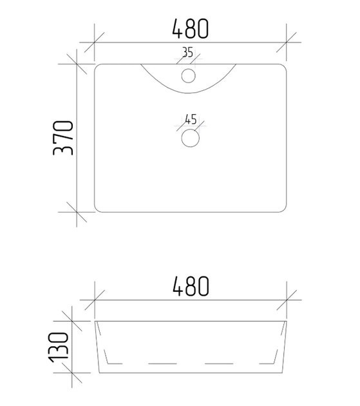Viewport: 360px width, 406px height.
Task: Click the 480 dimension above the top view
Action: click(190, 28)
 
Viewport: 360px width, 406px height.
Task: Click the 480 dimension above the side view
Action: click(191, 286)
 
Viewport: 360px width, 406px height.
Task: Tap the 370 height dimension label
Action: click(63, 138)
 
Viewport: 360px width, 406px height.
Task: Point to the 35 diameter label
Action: click(187, 52)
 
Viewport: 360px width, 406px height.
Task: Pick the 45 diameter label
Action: click(191, 119)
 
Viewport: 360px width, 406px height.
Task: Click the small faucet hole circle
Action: click(189, 76)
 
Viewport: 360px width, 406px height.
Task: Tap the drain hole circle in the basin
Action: click(190, 138)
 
